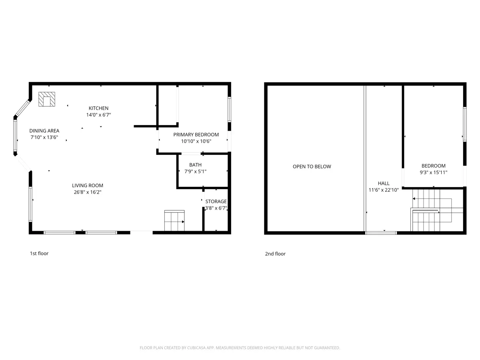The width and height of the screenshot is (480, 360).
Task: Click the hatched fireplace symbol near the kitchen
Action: (47, 99)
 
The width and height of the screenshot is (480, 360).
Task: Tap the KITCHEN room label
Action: (98, 108)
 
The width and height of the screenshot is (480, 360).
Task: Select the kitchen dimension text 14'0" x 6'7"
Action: (99, 115)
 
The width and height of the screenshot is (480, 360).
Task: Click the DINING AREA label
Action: (44, 131)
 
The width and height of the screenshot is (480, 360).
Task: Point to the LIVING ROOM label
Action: (88, 186)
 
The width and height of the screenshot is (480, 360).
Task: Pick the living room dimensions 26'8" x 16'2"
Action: (88, 192)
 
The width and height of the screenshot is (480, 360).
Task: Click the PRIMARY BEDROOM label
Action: (196, 135)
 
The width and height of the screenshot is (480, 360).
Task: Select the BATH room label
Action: (195, 165)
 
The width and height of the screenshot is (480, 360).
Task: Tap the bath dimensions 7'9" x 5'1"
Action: (195, 171)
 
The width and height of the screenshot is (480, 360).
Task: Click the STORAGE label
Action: (216, 201)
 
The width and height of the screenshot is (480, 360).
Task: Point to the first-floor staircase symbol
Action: (174, 220)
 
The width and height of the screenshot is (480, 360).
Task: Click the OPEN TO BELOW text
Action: (312, 166)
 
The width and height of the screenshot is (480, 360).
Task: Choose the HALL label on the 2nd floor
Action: (384, 183)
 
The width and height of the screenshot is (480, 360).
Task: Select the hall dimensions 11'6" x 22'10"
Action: (384, 190)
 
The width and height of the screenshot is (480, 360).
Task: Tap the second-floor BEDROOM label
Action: (434, 166)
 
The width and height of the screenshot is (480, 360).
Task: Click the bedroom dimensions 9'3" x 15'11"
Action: (434, 172)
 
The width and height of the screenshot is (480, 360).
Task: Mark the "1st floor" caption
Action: (39, 253)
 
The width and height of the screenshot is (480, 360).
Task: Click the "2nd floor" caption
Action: (275, 254)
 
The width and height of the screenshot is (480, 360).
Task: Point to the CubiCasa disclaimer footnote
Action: (240, 348)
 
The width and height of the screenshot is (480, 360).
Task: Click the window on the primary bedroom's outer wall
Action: (229, 109)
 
